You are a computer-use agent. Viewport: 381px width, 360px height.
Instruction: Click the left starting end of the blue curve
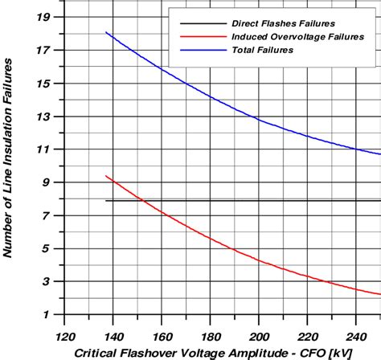point(106,32)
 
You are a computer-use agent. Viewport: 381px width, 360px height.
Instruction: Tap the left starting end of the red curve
point(106,176)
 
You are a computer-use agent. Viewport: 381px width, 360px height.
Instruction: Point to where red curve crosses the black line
point(139,200)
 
